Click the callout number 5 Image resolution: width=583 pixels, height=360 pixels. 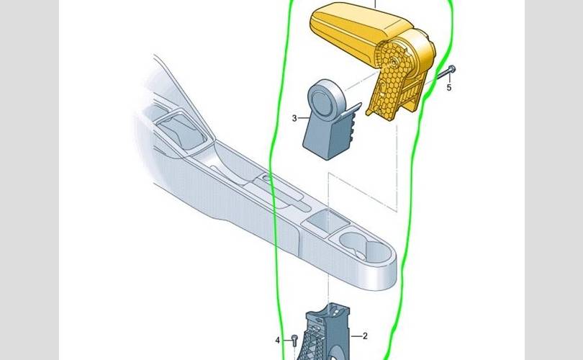point(449,87)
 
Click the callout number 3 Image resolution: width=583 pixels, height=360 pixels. point(294,118)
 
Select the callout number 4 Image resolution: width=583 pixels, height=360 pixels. point(277,341)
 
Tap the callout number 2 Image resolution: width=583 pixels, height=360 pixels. point(365,336)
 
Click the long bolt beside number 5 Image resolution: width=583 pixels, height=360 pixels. point(445,73)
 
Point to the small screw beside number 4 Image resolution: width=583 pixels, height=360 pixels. point(294,339)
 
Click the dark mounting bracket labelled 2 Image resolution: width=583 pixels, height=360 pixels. point(327,333)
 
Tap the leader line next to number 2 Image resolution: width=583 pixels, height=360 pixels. point(356,336)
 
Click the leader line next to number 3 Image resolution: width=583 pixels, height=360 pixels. point(304,118)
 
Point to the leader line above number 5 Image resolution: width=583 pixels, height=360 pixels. point(450,77)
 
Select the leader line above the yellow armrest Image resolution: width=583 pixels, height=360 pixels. point(375,4)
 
